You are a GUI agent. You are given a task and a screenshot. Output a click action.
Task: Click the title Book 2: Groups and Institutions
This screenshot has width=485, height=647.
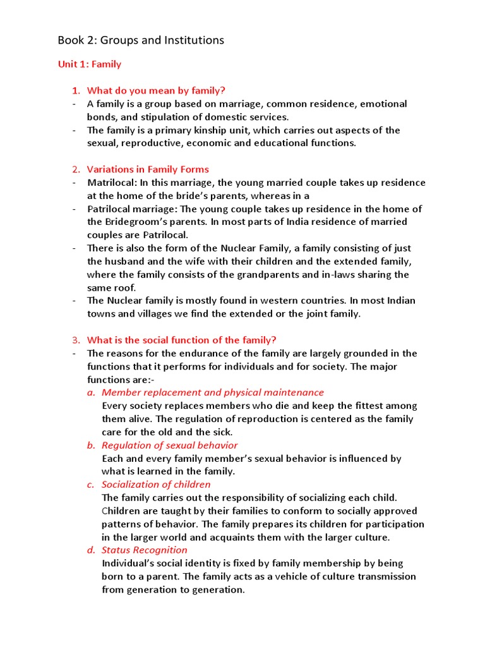pyautogui.click(x=141, y=40)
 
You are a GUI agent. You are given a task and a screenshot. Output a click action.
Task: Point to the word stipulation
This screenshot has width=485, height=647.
pyautogui.click(x=143, y=117)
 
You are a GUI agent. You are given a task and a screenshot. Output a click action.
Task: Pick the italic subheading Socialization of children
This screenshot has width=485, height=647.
pyautogui.click(x=156, y=485)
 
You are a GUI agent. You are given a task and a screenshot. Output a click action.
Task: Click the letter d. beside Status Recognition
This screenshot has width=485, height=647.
pyautogui.click(x=91, y=550)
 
